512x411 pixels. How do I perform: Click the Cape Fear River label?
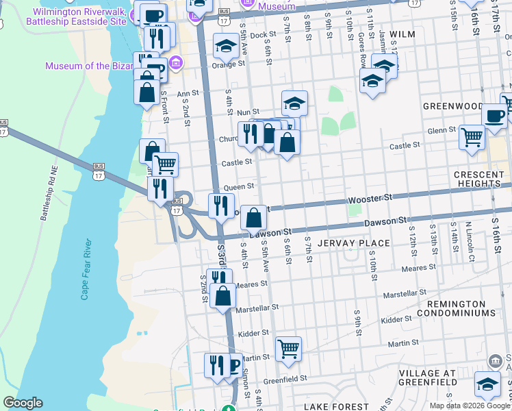click(86, 269)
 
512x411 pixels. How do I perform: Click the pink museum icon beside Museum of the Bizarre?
click(177, 64)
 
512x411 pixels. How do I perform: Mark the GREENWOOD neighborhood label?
click(452, 106)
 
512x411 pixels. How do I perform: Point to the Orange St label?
click(228, 65)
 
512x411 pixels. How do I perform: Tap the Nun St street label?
click(248, 112)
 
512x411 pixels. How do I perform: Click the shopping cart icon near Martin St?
click(288, 349)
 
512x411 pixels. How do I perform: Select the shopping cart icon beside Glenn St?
click(472, 136)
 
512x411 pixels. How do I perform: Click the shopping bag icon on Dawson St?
click(253, 217)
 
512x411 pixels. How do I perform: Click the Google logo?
click(23, 403)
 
